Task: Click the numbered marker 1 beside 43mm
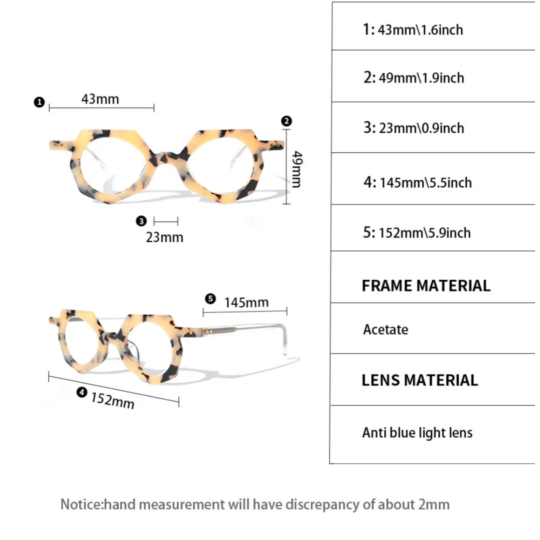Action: (39, 103)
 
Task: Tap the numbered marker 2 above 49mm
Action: (286, 121)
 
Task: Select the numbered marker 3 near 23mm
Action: (141, 220)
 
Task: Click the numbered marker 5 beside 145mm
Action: (210, 299)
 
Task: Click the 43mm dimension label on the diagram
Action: (100, 99)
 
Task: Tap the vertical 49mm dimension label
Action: (297, 168)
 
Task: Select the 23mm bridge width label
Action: (164, 236)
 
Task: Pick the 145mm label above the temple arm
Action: (246, 302)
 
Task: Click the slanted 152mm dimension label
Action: (112, 400)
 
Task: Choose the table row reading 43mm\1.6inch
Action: (413, 29)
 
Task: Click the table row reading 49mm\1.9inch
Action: (413, 78)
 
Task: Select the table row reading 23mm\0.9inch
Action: (413, 128)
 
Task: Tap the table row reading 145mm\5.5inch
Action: (417, 182)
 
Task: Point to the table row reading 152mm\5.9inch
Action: (417, 232)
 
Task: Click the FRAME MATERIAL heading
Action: (426, 286)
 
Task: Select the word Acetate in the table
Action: (385, 329)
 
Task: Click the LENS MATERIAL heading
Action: (419, 380)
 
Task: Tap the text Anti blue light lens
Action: (417, 432)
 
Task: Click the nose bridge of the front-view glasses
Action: (166, 150)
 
